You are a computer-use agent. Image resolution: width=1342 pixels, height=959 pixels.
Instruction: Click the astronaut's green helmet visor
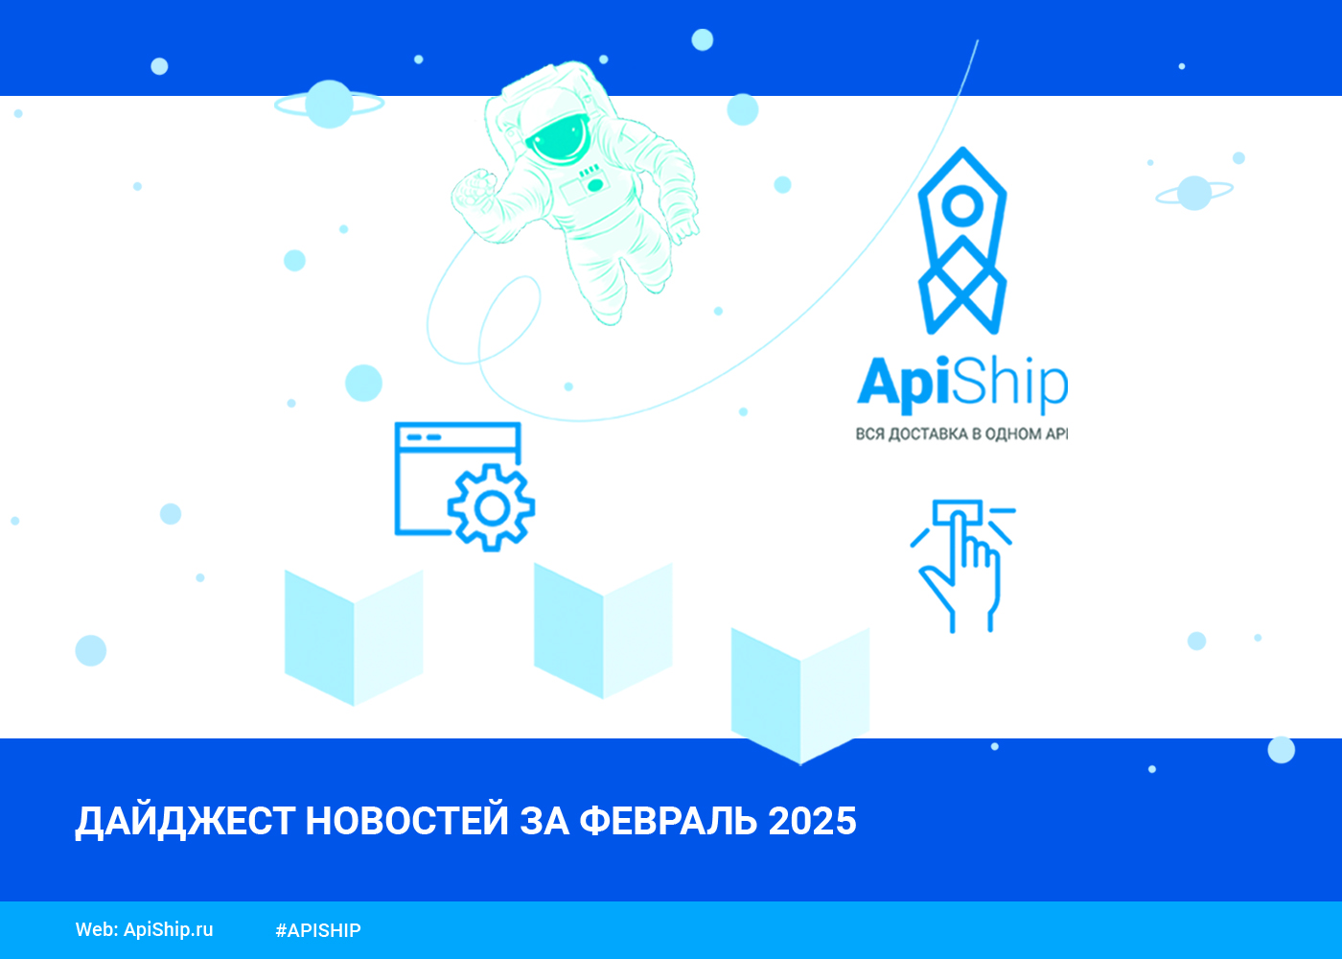[x=557, y=139]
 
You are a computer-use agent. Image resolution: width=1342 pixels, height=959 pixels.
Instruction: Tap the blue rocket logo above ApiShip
[x=962, y=241]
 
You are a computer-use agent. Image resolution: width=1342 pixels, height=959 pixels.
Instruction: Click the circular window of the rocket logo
[x=962, y=205]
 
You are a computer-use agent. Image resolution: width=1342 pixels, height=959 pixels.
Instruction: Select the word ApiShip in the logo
[x=962, y=384]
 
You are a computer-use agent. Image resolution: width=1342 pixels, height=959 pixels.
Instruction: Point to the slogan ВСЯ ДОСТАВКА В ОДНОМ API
[x=960, y=433]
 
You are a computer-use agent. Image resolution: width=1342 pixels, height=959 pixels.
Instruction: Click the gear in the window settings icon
[x=491, y=508]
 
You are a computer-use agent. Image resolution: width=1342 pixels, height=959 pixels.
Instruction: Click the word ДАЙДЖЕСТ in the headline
[x=185, y=821]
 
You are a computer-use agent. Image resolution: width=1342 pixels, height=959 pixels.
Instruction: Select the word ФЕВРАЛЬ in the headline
[x=668, y=821]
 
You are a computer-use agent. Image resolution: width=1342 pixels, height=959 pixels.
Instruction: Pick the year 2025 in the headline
[x=813, y=821]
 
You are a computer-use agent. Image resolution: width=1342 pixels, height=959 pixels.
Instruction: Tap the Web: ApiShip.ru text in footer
[x=145, y=929]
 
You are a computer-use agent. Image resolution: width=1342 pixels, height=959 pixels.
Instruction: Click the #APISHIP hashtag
[x=318, y=930]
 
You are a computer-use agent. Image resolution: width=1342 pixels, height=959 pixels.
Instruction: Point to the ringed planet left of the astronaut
[x=329, y=104]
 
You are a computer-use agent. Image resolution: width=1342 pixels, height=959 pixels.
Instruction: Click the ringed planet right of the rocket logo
[x=1194, y=193]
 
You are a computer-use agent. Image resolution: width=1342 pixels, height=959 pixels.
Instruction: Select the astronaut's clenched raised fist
[x=474, y=191]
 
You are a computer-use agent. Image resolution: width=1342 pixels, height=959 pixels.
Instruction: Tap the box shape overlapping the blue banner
[x=800, y=696]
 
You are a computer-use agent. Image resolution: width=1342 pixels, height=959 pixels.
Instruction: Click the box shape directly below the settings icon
[x=354, y=638]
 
